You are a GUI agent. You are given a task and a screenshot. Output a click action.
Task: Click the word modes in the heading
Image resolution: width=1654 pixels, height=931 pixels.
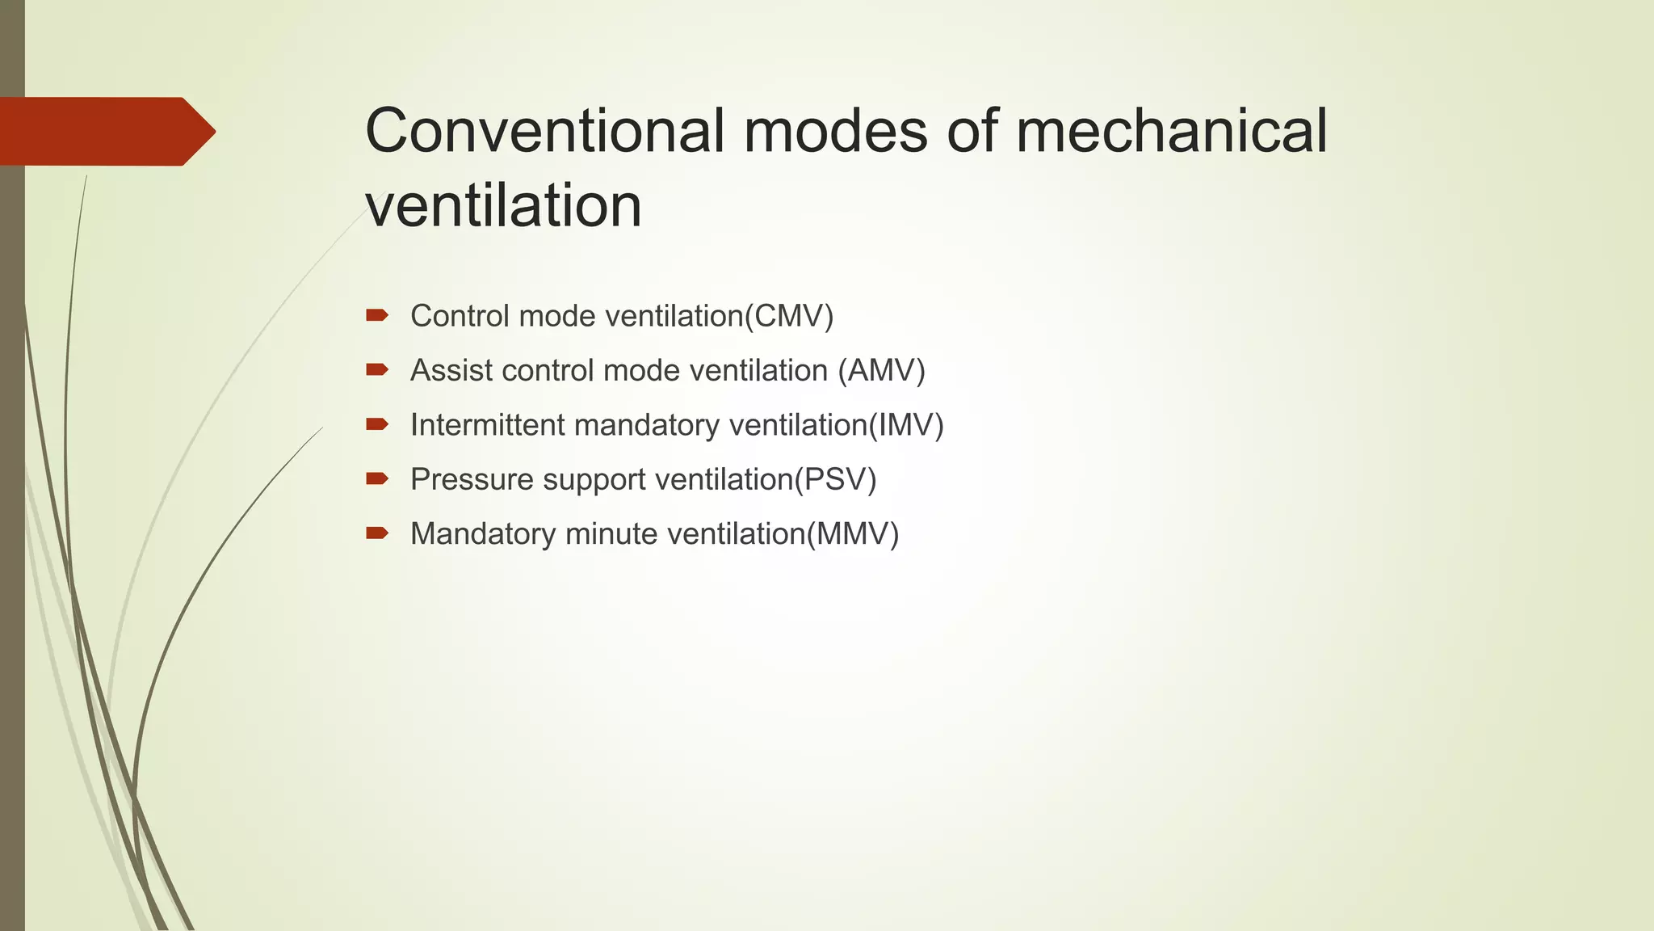(x=835, y=131)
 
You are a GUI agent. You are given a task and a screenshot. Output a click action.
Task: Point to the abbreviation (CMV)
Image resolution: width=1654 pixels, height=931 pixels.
(x=789, y=316)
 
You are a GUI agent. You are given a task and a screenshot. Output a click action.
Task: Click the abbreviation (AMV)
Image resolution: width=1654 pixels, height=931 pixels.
(x=881, y=370)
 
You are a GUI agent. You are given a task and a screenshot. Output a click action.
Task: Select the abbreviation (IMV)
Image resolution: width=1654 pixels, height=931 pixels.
(x=905, y=425)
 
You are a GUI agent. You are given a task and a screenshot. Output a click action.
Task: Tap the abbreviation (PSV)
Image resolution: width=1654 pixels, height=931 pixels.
(x=835, y=479)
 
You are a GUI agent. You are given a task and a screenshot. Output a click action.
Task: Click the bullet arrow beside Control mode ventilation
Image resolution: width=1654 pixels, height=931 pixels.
(x=377, y=315)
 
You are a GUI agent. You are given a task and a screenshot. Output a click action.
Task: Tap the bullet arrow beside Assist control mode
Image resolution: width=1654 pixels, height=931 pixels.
(x=377, y=370)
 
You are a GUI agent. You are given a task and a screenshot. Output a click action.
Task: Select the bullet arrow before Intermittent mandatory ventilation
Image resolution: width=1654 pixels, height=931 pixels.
(x=377, y=424)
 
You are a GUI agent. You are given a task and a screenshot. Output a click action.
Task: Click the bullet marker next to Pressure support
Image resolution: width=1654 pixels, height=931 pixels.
(x=377, y=478)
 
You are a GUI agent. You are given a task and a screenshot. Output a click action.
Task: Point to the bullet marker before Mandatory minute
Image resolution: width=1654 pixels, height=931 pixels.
(x=377, y=533)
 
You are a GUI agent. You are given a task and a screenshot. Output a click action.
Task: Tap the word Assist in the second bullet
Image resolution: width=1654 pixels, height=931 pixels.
(x=451, y=370)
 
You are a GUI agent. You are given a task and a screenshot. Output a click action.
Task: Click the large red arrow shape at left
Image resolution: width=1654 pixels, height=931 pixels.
(x=105, y=132)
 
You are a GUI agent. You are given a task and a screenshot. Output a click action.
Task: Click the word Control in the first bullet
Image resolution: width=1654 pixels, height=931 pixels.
(x=460, y=316)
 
